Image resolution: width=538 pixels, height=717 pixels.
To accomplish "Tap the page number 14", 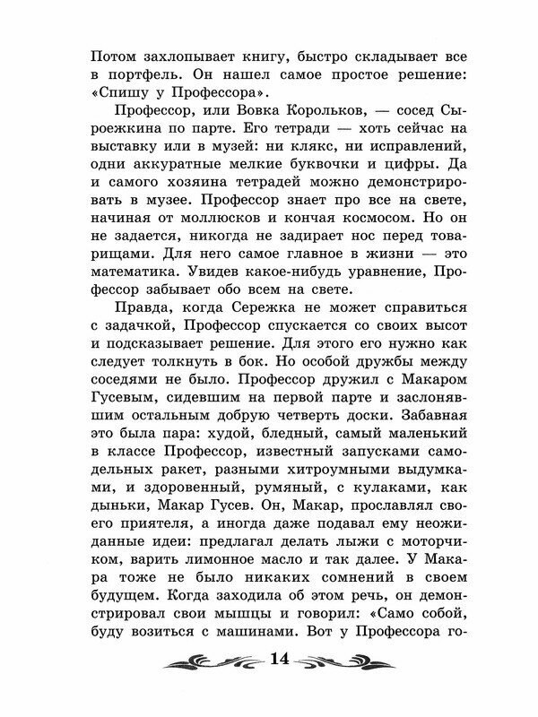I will click(277, 661).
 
